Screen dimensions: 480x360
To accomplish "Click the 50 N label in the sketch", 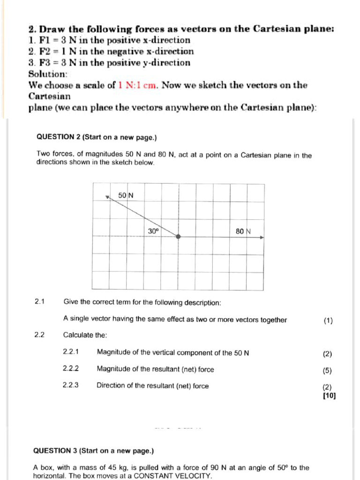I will (126, 195).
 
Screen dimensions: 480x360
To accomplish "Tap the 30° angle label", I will (154, 231).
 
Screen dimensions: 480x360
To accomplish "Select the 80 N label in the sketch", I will (244, 231).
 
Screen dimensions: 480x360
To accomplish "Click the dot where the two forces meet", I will (178, 237).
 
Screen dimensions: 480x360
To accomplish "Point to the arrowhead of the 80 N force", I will (262, 237).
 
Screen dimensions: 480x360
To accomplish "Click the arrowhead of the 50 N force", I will (107, 197).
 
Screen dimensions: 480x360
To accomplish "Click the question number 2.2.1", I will (71, 352).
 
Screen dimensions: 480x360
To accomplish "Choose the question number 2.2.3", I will (71, 386).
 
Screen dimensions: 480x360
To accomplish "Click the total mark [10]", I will (329, 395).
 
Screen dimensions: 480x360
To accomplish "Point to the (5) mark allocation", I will (327, 370).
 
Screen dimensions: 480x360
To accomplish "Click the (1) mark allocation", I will (328, 321).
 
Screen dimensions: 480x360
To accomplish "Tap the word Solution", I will (48, 74).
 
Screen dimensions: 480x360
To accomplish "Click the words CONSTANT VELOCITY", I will (173, 476).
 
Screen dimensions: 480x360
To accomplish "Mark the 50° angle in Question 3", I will (283, 467).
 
